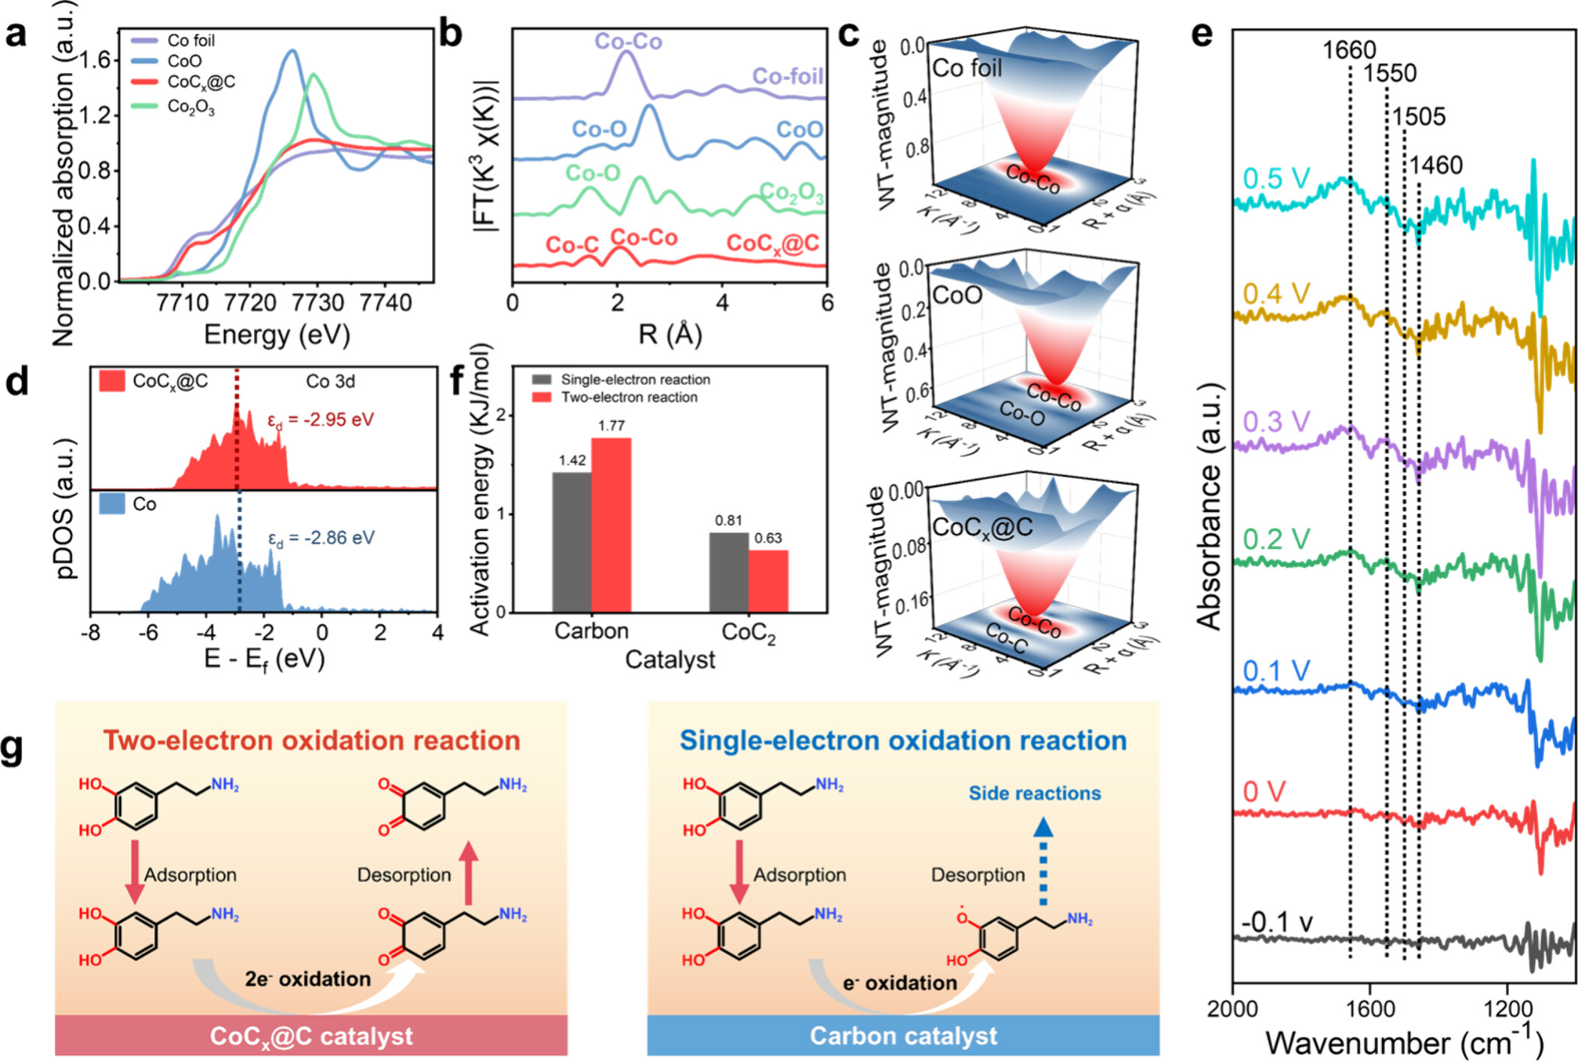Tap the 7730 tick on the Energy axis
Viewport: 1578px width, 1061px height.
[318, 302]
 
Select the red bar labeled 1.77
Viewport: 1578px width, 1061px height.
[611, 524]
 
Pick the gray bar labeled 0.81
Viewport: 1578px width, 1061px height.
[728, 571]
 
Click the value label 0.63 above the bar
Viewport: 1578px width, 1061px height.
[768, 538]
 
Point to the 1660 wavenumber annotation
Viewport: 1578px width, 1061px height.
[1349, 50]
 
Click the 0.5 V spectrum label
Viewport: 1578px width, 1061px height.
[1277, 179]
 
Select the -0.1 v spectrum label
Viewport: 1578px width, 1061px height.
[1277, 922]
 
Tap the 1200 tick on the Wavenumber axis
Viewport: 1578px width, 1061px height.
[1507, 1008]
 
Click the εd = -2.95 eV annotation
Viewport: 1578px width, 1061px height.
[321, 420]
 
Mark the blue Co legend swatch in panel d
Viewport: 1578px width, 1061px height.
[112, 503]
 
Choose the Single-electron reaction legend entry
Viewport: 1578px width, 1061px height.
[635, 380]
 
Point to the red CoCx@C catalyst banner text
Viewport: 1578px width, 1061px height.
[311, 1035]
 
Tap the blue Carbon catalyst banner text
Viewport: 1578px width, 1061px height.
[903, 1035]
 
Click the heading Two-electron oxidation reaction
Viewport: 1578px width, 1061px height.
[312, 741]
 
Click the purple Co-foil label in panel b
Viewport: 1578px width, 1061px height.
[787, 76]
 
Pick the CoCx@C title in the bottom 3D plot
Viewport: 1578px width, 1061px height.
[982, 528]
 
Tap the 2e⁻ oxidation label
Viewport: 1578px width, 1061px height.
[307, 979]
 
